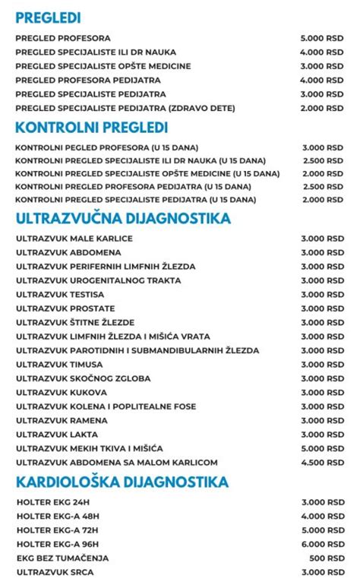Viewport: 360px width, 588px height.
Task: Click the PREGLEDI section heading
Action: [x=48, y=17]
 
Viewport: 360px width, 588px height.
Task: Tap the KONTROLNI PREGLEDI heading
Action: [x=91, y=128]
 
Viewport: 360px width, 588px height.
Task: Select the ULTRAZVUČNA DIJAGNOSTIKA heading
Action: [x=122, y=219]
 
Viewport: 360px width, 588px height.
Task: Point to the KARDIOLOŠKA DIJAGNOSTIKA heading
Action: [x=122, y=482]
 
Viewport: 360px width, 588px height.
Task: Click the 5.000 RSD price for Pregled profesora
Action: [x=321, y=38]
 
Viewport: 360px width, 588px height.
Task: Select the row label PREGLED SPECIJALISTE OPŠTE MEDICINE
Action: [x=103, y=66]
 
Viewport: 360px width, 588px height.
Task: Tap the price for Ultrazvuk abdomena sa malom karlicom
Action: [x=321, y=463]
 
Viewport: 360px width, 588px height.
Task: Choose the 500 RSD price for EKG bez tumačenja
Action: [x=327, y=558]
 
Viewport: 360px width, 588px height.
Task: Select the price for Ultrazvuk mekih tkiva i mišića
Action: [x=321, y=448]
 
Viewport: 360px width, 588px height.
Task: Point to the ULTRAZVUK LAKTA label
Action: [x=50, y=435]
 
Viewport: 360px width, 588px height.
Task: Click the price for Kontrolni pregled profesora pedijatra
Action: [x=321, y=186]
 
